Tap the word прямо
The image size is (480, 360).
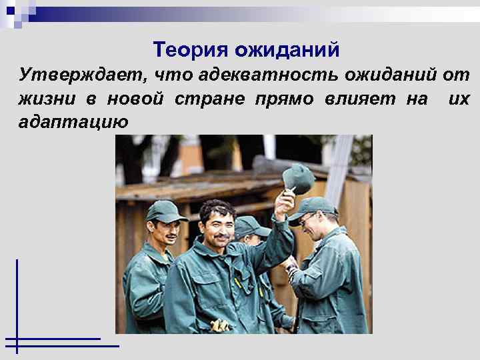pos(279,99)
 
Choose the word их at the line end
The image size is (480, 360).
pos(459,99)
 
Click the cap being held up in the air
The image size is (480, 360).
pos(297,178)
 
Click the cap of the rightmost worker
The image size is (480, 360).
pos(312,208)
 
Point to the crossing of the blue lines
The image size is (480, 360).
pos(17,345)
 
